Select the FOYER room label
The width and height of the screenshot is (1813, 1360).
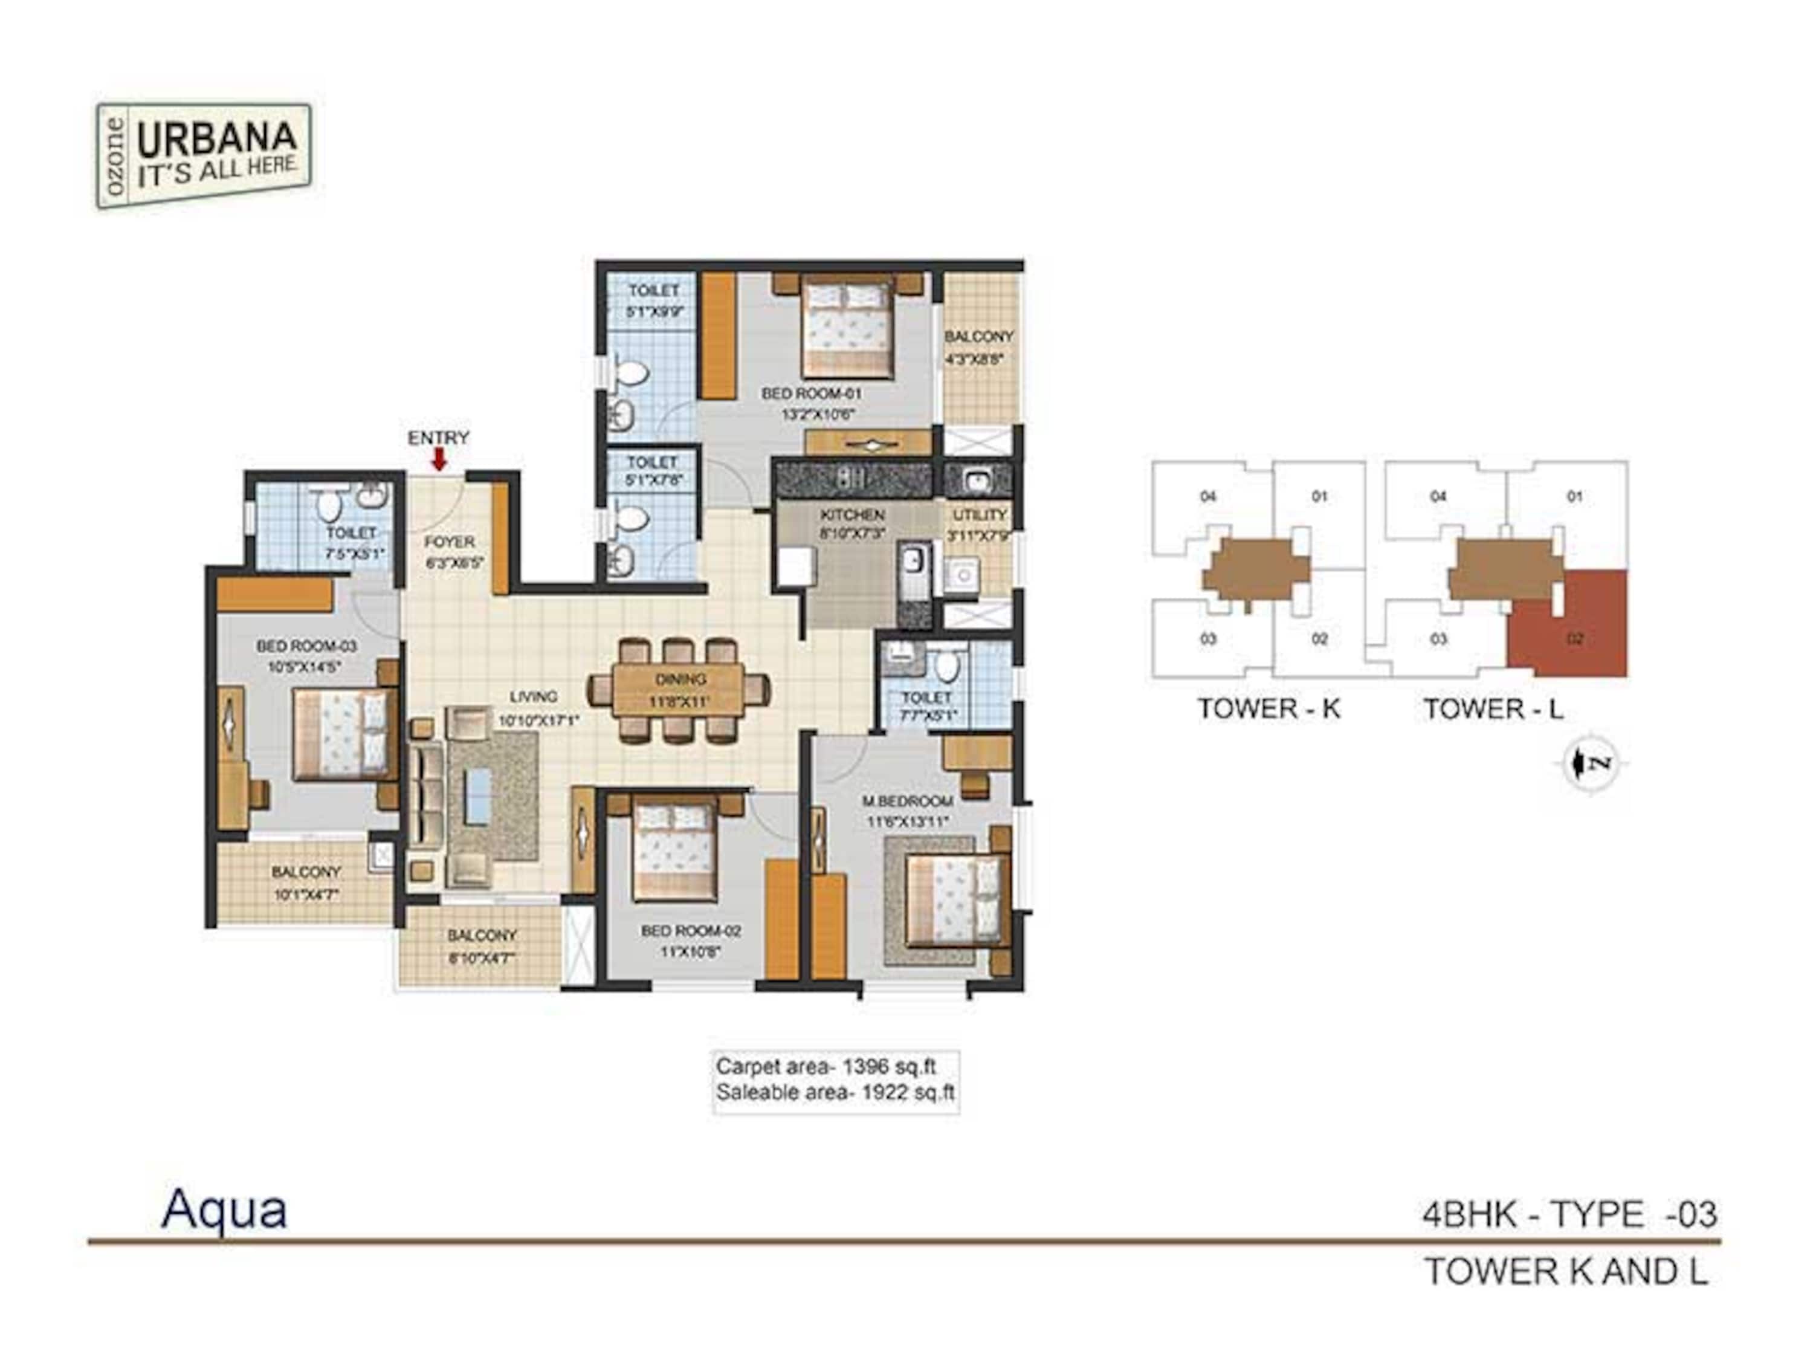click(449, 542)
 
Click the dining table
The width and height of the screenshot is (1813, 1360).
click(679, 690)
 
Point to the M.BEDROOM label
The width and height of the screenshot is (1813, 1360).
click(907, 801)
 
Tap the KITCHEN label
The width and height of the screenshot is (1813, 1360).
click(852, 515)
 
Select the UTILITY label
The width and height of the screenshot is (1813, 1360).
click(980, 515)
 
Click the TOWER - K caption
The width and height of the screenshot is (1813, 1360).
click(1268, 709)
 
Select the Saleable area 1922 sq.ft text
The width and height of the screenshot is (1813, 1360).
click(835, 1093)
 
